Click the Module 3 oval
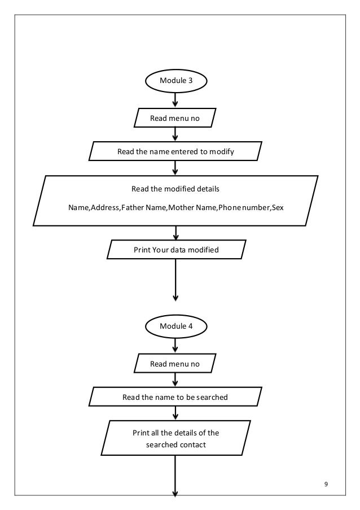[x=176, y=81]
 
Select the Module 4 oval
[x=176, y=326]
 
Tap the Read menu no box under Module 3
[x=175, y=117]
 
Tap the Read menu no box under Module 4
[x=175, y=363]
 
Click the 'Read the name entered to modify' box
[x=175, y=151]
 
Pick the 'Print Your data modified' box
[x=177, y=250]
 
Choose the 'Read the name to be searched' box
[x=175, y=397]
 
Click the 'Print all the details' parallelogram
[x=176, y=438]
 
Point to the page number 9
[x=326, y=484]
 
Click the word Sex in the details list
[x=278, y=207]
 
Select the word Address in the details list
[x=104, y=207]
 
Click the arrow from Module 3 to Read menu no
[x=175, y=100]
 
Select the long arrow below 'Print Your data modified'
[x=176, y=280]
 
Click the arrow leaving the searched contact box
[x=175, y=476]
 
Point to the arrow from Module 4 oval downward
[x=175, y=345]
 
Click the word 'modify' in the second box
[x=222, y=151]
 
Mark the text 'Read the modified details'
[x=175, y=189]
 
